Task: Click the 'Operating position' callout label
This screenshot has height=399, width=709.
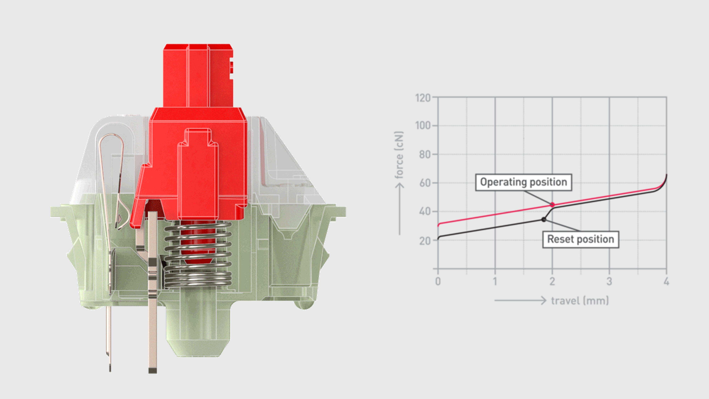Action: (523, 182)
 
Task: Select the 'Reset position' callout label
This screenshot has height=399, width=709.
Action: (580, 239)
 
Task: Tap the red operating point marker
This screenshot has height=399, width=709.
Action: (552, 205)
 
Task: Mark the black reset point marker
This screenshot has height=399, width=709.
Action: (544, 220)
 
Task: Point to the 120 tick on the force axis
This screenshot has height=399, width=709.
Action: (423, 98)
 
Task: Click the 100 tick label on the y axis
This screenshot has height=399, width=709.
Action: (423, 126)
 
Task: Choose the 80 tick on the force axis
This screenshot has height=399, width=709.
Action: (425, 154)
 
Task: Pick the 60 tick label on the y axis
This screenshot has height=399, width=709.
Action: (425, 183)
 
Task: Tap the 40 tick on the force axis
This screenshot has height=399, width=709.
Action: (425, 212)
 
